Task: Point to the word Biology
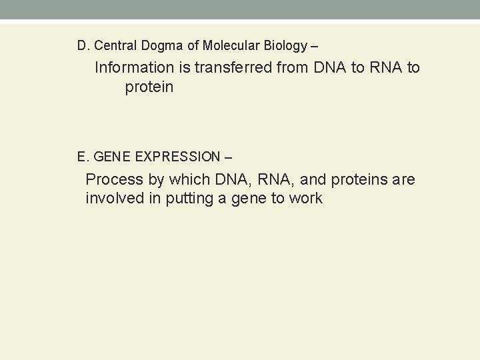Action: [x=285, y=46]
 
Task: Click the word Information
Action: [x=133, y=68]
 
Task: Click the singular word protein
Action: [x=149, y=88]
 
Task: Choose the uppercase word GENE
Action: [x=113, y=157]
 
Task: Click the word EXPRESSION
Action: [x=177, y=157]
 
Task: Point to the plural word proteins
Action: [x=359, y=179]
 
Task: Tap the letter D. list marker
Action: [x=83, y=46]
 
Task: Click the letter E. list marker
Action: [x=83, y=157]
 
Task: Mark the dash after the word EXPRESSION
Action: [x=229, y=158]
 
